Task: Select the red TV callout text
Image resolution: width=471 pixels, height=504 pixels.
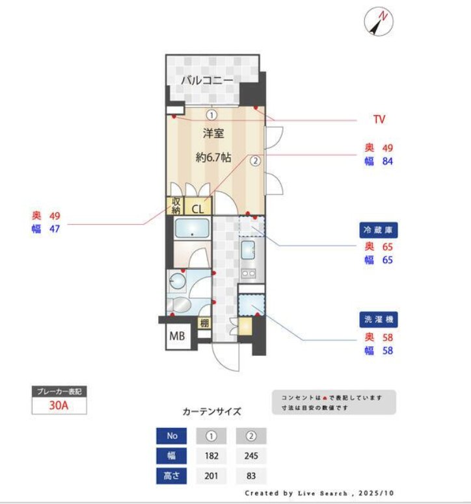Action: click(x=379, y=120)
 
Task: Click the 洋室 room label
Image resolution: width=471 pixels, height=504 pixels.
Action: click(x=213, y=134)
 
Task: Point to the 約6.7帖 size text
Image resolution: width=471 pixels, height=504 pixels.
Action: click(x=214, y=157)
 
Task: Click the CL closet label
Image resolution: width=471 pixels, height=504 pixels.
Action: click(x=197, y=209)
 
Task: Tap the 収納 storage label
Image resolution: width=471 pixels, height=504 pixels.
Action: click(x=176, y=206)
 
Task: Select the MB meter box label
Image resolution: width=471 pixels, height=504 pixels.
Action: click(x=176, y=336)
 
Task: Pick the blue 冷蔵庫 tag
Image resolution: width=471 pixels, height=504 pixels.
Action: click(x=379, y=230)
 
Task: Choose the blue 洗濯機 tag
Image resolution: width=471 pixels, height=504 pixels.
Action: click(x=379, y=320)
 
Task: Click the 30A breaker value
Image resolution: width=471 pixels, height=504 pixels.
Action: click(x=59, y=406)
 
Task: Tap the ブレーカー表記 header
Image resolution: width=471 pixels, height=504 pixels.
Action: click(x=59, y=392)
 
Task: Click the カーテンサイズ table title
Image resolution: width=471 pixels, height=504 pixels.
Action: click(x=211, y=411)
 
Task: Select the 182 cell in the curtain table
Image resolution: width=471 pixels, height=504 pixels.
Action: click(x=211, y=455)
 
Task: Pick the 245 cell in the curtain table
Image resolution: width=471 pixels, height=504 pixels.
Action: click(x=250, y=455)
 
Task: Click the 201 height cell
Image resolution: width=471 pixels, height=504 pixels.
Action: click(x=211, y=476)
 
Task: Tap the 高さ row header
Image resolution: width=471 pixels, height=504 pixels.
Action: click(x=172, y=476)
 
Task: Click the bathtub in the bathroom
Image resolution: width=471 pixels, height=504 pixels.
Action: click(x=191, y=228)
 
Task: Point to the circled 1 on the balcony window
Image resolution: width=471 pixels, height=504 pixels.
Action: click(x=211, y=114)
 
